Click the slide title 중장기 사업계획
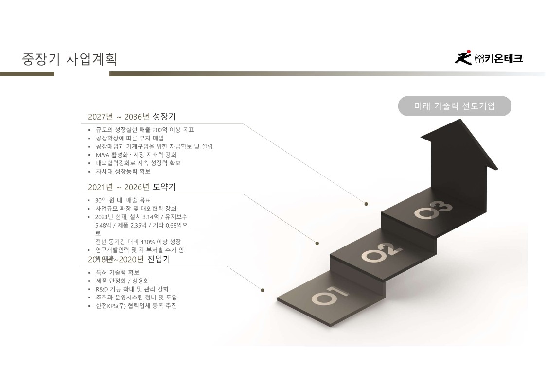click(x=70, y=59)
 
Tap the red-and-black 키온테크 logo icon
click(x=463, y=58)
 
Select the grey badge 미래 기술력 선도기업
click(x=455, y=106)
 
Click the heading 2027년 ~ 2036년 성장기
click(x=132, y=117)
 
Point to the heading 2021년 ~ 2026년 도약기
click(x=132, y=187)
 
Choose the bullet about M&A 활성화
click(x=136, y=155)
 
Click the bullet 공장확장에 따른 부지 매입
click(x=130, y=138)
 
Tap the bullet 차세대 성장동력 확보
click(x=123, y=171)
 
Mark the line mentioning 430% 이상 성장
click(x=138, y=242)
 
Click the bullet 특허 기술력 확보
click(x=117, y=272)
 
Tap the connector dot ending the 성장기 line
click(x=366, y=204)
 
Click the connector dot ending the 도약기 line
click(x=317, y=243)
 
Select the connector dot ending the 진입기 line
click(x=263, y=290)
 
